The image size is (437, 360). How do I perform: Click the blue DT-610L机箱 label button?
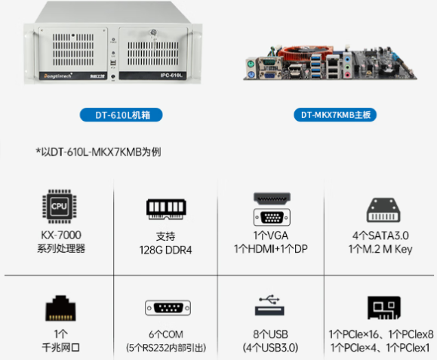[x=122, y=115]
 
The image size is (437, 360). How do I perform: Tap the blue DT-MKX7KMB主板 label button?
[x=335, y=115]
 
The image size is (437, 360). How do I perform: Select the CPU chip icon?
[x=60, y=206]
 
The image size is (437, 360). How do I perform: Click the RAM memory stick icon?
[x=166, y=209]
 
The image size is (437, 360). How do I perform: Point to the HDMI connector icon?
[x=272, y=198]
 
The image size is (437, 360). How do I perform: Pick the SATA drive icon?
[x=383, y=210]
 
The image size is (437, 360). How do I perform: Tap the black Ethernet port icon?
[x=60, y=308]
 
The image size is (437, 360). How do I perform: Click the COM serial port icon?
[x=168, y=308]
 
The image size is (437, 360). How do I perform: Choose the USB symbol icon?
[x=269, y=305]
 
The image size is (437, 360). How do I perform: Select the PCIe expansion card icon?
[x=384, y=308]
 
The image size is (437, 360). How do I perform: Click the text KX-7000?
[x=61, y=235]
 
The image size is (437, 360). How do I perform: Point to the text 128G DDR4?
[x=165, y=250]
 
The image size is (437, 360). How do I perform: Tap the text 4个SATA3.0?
[x=380, y=235]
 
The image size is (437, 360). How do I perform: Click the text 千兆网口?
[x=60, y=347]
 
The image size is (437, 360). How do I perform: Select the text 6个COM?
[x=166, y=334]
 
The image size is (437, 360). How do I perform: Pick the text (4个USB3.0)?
[x=270, y=348]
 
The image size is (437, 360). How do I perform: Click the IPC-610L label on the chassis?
[x=171, y=75]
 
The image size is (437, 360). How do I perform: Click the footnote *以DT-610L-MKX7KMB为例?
[x=98, y=152]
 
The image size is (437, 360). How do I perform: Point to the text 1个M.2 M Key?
[x=380, y=249]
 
